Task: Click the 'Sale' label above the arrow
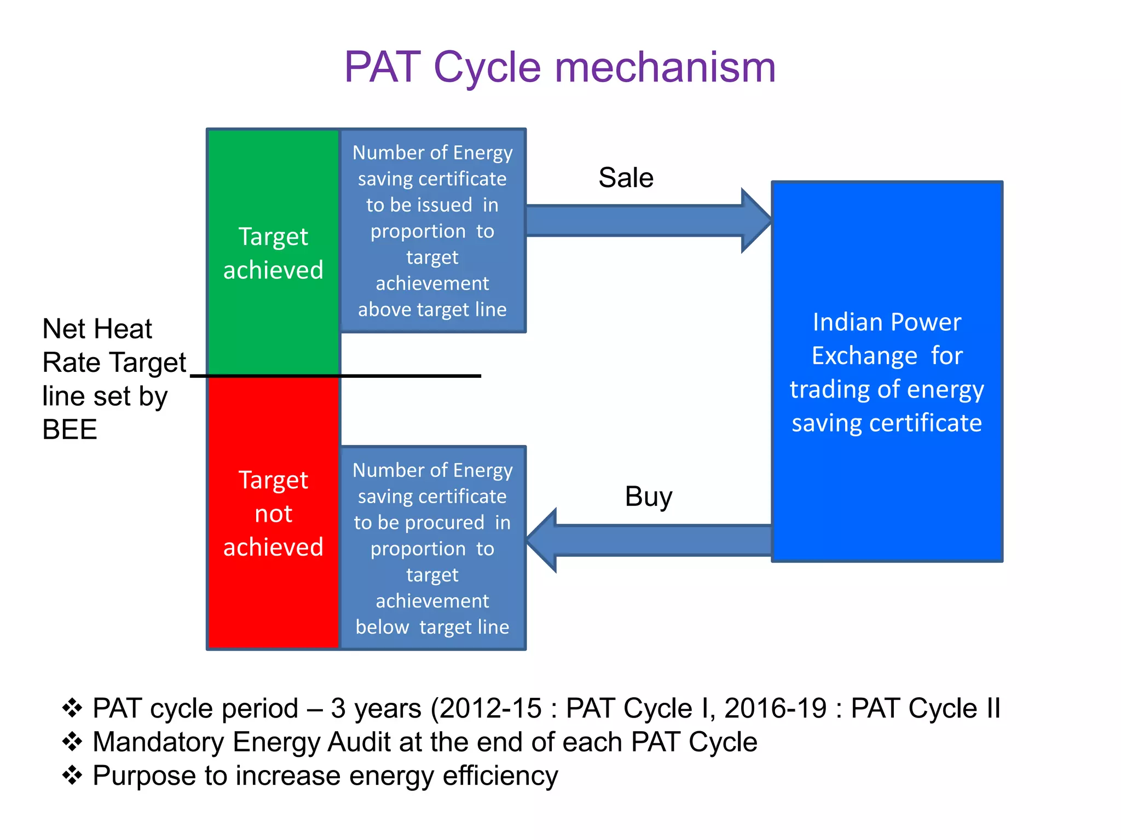tap(626, 178)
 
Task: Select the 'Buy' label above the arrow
tap(648, 497)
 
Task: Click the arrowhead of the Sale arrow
tap(758, 220)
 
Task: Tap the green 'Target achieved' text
tap(273, 253)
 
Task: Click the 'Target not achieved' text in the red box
tap(273, 514)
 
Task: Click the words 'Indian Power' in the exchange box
tap(887, 322)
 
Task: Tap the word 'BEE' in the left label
tap(70, 430)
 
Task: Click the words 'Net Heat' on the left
tap(97, 329)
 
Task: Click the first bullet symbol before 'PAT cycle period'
tap(72, 708)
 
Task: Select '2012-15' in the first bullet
tap(490, 708)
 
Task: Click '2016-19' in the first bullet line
tap(775, 708)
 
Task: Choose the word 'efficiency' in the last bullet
tap(500, 776)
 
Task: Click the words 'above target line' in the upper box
tap(432, 310)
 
